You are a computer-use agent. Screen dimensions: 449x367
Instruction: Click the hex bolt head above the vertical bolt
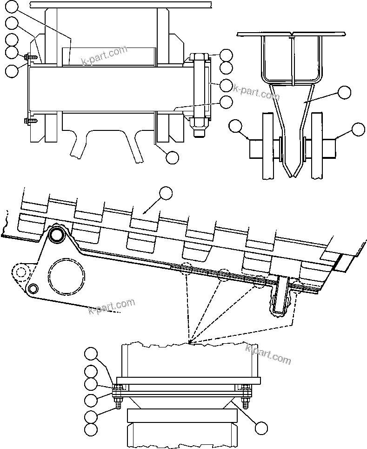coord(200,58)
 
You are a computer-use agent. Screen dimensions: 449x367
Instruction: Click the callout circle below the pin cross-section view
coord(172,157)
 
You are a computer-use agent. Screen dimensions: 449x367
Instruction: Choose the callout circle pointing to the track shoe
coord(166,192)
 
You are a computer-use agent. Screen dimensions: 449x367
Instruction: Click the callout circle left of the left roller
coord(236,126)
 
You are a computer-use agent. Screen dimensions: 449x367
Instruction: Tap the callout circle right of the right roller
coord(358,129)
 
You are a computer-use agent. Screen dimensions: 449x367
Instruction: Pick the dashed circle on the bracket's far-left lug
coord(20,272)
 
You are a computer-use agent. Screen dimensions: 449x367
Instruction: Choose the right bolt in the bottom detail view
coord(246,394)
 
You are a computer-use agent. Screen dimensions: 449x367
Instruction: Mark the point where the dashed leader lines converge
coord(190,342)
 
